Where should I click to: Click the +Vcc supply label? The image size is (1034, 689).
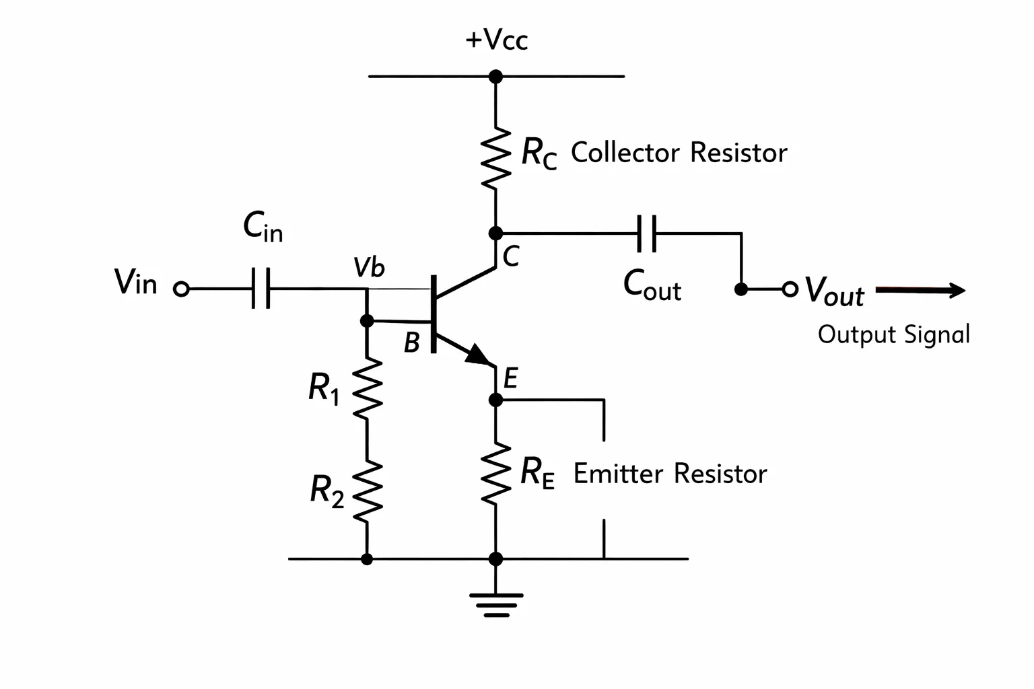[496, 40]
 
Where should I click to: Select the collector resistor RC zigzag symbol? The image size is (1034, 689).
[495, 158]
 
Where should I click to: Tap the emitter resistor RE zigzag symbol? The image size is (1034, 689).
[495, 474]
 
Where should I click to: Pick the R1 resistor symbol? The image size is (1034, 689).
[367, 389]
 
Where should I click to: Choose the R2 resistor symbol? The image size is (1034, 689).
[367, 492]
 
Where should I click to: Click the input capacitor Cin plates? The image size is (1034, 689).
[261, 288]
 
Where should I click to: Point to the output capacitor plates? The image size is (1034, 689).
[647, 233]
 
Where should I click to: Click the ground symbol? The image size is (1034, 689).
[496, 605]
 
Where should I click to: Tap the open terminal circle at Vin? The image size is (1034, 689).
[181, 289]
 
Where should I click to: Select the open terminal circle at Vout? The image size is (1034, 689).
[790, 289]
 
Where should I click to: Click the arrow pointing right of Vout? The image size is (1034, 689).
[920, 290]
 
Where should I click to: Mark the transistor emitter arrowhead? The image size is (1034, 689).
[478, 355]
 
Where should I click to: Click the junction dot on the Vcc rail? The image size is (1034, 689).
[495, 77]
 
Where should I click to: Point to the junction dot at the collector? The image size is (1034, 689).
[495, 233]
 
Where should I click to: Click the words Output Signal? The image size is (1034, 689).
[894, 334]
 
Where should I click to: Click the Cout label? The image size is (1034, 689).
[652, 286]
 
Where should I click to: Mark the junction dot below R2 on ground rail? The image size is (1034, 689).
[367, 559]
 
